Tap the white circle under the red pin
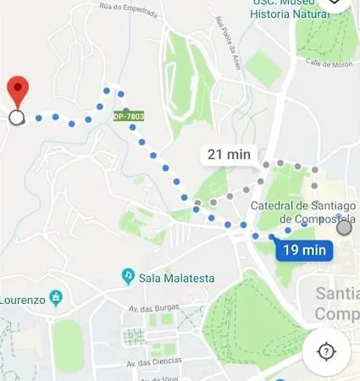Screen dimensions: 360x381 click(16, 118)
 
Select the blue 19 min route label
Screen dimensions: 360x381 click(303, 250)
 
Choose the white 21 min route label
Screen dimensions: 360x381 click(229, 154)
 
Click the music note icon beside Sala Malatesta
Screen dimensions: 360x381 click(128, 276)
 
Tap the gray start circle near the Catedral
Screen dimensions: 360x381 click(343, 227)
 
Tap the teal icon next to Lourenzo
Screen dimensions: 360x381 click(57, 298)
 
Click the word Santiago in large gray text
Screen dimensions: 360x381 click(336, 294)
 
